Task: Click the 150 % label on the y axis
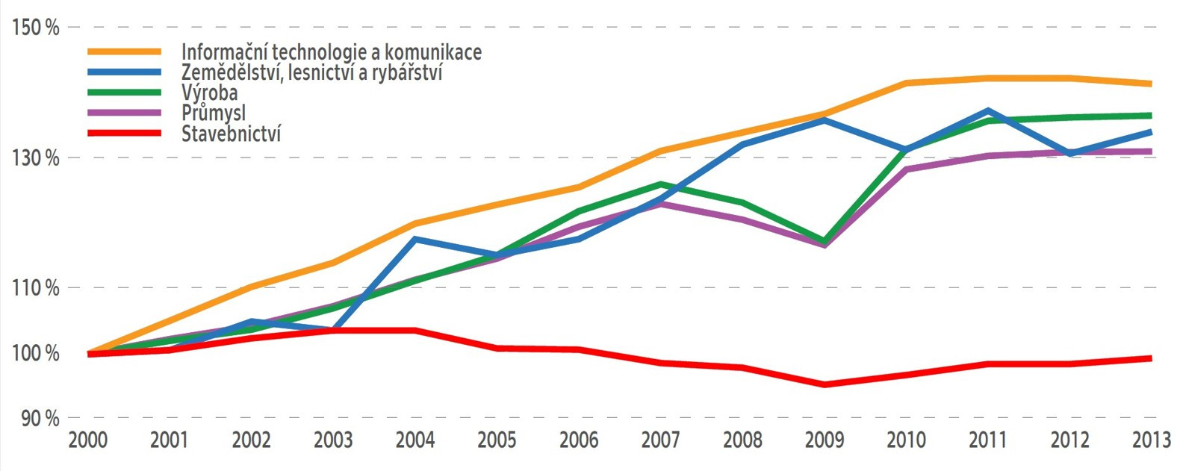point(35,28)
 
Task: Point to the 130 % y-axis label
point(35,158)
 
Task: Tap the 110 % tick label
point(35,288)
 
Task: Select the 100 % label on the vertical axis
point(35,353)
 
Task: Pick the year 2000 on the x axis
point(88,440)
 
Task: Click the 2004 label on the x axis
point(415,440)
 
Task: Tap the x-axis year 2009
point(825,440)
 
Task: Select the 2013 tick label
point(1151,440)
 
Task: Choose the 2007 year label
point(661,440)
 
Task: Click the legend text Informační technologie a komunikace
point(332,52)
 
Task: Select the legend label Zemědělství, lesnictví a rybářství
point(312,72)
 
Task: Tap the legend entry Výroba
point(210,93)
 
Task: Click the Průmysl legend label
point(214,113)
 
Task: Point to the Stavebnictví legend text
point(232,134)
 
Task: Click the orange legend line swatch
point(124,52)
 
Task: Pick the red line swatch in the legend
point(124,134)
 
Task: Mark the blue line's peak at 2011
point(988,110)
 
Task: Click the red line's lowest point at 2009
point(825,384)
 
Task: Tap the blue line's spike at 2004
point(415,239)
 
